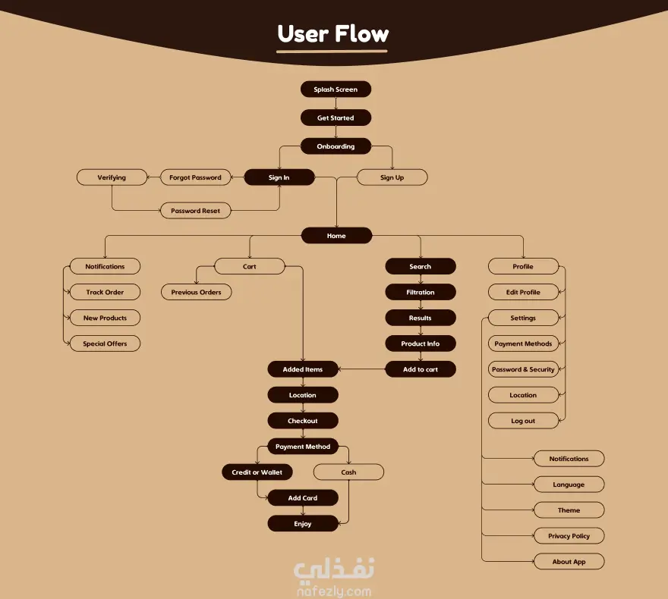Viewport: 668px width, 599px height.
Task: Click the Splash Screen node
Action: click(336, 89)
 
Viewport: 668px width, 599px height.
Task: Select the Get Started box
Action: click(336, 118)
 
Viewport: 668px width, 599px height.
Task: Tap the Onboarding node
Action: click(336, 146)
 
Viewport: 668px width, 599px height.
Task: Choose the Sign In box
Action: click(279, 177)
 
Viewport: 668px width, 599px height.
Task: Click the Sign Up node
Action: click(392, 177)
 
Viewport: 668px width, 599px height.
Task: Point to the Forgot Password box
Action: click(195, 177)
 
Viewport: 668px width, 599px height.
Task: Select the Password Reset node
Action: click(195, 211)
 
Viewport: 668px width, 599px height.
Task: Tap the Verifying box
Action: click(112, 177)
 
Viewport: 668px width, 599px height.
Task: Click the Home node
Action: click(336, 236)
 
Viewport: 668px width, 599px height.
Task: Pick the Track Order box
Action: click(105, 292)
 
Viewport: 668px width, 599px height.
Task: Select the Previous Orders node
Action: click(196, 292)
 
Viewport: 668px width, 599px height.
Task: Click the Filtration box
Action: click(420, 292)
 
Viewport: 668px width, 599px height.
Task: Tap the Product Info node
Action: click(420, 343)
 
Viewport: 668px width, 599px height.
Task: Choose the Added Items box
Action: click(302, 369)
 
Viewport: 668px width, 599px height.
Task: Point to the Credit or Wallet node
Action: click(257, 472)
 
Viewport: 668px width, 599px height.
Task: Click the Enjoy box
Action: click(302, 524)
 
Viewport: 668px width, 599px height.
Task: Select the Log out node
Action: click(523, 421)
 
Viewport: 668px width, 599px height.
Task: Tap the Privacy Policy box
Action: click(569, 536)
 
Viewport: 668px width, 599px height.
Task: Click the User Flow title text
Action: click(332, 34)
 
